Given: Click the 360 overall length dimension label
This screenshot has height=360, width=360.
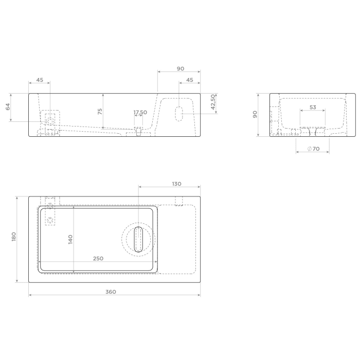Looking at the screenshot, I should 111,292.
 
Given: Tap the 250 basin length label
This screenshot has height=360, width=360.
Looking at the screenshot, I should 98,258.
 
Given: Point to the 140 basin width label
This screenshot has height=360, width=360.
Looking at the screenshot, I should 70,239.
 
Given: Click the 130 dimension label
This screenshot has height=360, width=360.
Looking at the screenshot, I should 176,184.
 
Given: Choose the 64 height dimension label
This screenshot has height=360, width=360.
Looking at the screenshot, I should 8,106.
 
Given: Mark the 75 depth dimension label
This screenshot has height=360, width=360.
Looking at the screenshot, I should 100,111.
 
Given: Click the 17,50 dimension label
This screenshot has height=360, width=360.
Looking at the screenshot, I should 140,112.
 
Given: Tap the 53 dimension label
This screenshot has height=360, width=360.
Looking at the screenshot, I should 313,107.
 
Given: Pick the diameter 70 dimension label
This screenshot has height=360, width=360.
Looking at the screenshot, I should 313,149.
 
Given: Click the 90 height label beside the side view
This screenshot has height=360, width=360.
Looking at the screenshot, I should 254,114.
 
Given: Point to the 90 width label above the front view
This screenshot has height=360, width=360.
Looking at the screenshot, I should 180,68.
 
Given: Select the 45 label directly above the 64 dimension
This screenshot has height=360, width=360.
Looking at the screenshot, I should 39,80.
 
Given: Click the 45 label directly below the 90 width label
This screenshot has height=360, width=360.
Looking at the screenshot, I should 189,80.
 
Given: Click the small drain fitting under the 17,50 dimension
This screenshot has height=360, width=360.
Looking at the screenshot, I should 138,131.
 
